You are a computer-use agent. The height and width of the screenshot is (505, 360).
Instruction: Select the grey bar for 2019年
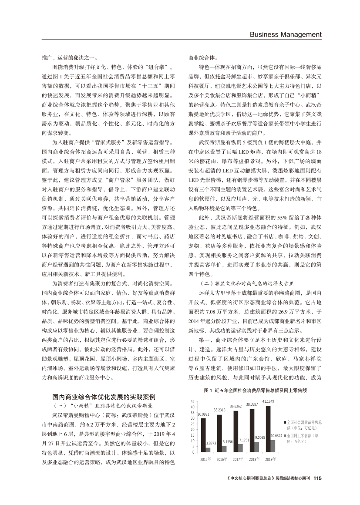tap(273, 446)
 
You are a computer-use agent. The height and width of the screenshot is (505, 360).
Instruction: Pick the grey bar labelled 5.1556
tap(224, 449)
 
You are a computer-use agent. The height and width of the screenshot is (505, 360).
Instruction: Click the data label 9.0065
tap(260, 437)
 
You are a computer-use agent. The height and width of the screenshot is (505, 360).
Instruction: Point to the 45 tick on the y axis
tap(192, 401)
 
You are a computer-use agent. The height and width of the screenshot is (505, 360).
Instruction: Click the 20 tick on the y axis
tap(192, 430)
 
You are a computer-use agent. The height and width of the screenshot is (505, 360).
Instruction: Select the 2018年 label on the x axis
tap(254, 459)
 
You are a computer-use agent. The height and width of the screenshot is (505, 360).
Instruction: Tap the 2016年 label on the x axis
tap(222, 459)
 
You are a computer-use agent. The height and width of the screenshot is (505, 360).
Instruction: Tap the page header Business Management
tap(285, 34)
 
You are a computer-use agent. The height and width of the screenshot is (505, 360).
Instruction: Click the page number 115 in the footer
tap(317, 478)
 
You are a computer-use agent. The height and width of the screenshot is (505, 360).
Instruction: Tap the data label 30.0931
tap(204, 413)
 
